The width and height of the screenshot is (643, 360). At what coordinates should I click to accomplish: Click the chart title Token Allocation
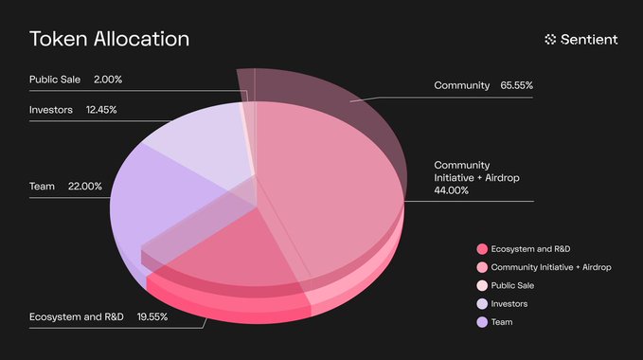click(x=109, y=39)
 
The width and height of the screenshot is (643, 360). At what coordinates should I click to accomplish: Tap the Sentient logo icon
click(x=551, y=39)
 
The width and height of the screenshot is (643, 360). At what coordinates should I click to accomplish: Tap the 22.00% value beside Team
click(x=85, y=187)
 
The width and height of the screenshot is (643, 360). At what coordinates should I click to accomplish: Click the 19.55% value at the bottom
click(x=152, y=315)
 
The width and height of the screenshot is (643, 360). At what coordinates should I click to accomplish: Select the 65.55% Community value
click(x=517, y=86)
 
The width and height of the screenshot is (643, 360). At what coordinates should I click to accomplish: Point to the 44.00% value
click(x=452, y=190)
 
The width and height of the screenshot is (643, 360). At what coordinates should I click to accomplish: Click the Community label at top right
click(x=461, y=86)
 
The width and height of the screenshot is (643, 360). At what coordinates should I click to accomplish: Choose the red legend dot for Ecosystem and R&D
click(x=482, y=249)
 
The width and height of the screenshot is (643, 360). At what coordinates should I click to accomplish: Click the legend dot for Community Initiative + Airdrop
click(x=482, y=267)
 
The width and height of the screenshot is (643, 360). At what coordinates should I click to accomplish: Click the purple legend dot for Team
click(x=482, y=321)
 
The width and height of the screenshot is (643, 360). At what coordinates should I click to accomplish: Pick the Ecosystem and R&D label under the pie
click(x=77, y=315)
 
